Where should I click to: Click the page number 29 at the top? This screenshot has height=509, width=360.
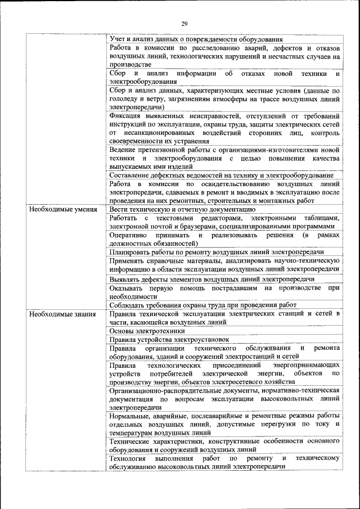tap(184, 24)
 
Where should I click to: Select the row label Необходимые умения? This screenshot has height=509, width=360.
tap(61, 209)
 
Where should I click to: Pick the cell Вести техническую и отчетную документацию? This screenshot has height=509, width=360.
tap(183, 209)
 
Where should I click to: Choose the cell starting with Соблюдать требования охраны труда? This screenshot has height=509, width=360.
tap(210, 305)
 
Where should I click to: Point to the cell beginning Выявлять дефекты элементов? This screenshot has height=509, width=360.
tap(211, 279)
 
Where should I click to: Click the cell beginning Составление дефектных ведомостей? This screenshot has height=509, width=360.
tap(222, 175)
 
